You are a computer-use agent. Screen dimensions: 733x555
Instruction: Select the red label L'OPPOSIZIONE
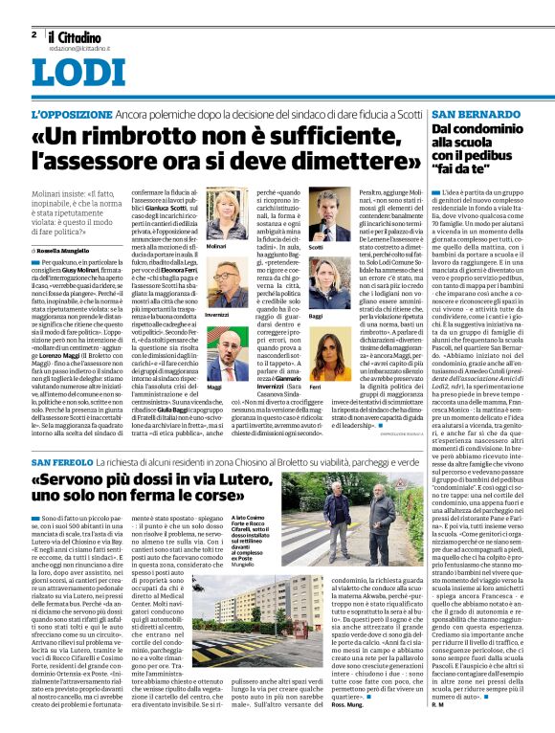[69, 113]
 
